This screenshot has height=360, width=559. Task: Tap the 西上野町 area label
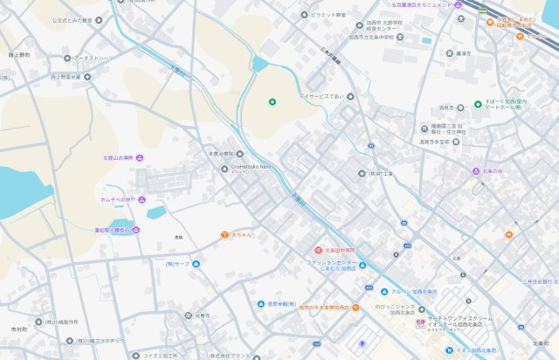point(19,54)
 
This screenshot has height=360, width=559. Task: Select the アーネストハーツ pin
point(67,59)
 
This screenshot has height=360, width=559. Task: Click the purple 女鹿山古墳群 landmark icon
point(140,158)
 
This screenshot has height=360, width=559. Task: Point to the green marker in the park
point(272,102)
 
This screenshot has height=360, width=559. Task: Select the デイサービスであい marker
point(350,97)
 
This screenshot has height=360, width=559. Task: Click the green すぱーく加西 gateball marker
point(478,103)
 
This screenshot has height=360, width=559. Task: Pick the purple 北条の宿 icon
point(476,171)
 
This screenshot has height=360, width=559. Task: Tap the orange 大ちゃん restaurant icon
point(224,234)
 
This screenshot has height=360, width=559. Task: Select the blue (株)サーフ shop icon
point(196,263)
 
